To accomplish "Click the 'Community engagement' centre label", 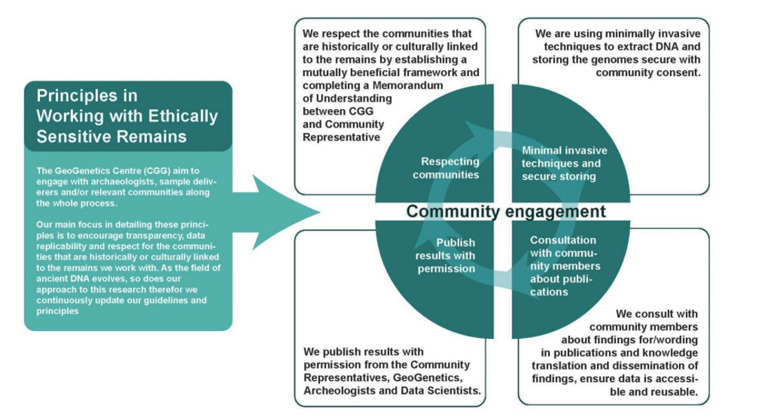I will tap(506, 211).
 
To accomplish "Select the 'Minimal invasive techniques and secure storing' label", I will tap(564, 163).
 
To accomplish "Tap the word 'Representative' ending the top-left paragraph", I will tap(341, 136).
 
